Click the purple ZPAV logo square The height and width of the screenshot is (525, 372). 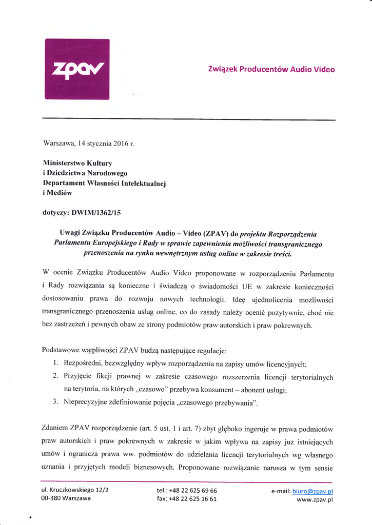77,69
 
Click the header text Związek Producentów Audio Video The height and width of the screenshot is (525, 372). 271,69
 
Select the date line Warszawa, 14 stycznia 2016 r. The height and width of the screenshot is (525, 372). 89,143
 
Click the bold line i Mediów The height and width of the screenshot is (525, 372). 57,193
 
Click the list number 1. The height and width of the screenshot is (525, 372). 55,365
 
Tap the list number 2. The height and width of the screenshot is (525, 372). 55,377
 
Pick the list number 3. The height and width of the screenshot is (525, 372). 55,402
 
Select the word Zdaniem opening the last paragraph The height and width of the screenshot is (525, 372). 55,428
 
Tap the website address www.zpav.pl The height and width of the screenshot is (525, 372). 316,499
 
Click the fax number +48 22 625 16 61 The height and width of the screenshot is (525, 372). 194,499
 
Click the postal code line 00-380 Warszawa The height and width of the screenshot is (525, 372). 66,498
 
